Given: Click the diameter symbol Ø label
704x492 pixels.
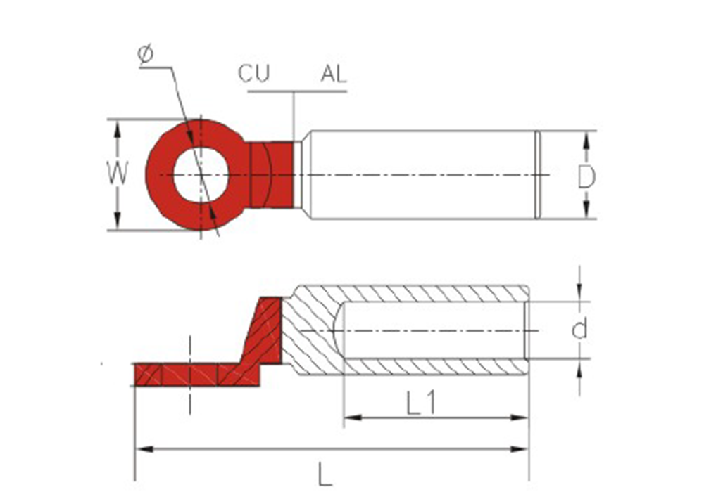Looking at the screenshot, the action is click(146, 54).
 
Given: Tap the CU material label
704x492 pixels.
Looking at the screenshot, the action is click(253, 74).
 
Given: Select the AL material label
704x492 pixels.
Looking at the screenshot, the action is click(334, 74).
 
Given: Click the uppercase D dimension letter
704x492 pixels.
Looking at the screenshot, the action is click(586, 176).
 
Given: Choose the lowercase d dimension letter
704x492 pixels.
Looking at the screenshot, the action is click(579, 330).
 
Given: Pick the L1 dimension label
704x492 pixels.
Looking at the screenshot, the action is click(421, 402).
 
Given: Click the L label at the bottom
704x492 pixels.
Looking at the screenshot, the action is click(325, 474).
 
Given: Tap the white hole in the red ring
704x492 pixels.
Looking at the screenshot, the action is click(201, 175).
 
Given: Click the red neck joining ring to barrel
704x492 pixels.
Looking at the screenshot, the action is click(272, 175).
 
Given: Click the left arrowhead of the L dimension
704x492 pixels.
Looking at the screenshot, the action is click(144, 448).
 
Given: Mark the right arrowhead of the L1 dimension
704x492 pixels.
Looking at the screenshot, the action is click(520, 417).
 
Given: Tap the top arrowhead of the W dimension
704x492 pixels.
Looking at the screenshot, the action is click(118, 128).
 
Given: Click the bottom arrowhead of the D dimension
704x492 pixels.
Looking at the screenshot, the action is click(586, 210).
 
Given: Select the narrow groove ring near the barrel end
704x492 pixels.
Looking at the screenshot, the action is click(537, 175).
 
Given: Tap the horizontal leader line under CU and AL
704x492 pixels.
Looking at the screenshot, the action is click(297, 91).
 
